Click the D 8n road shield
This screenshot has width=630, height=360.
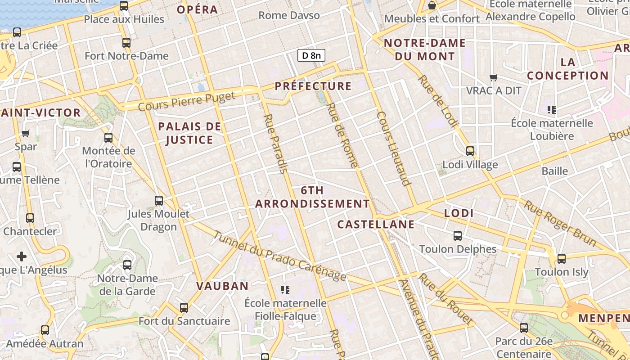tap(311, 55)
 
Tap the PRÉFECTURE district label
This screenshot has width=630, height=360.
tap(313, 86)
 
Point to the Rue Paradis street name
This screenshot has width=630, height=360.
tap(275, 144)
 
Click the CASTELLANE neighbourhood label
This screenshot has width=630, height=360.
tap(376, 224)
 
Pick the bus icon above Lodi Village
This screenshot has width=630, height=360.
tap(470, 151)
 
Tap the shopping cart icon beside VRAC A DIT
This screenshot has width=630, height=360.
tap(494, 77)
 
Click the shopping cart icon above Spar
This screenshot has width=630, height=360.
tap(26, 133)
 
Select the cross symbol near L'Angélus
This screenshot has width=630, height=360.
tap(22, 256)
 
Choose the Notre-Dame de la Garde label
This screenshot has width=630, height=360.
tap(127, 284)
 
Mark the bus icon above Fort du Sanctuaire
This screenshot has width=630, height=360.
tap(184, 308)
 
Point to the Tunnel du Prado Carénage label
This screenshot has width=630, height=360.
tap(279, 256)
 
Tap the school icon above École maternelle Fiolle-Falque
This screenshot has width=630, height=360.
tap(285, 289)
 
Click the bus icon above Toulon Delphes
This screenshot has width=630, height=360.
tap(458, 236)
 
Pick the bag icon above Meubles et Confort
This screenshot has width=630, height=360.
tap(432, 5)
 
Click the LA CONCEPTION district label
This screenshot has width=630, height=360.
tap(568, 69)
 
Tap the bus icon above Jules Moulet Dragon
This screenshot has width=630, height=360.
tap(159, 201)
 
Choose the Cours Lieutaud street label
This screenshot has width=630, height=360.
tap(394, 148)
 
